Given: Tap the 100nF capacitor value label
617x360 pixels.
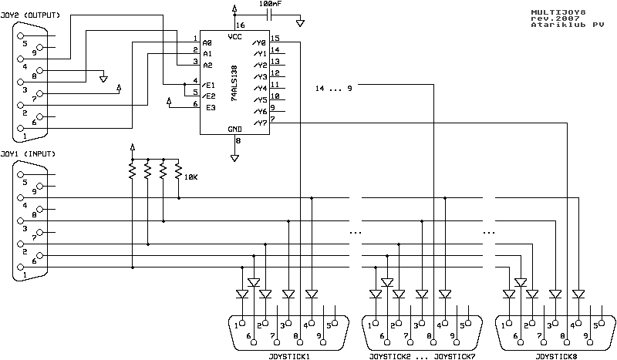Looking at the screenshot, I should click(271, 5).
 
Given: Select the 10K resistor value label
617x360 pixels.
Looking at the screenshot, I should click(190, 177).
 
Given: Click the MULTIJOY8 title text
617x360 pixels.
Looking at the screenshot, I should click(556, 13).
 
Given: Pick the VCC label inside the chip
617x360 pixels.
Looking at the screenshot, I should click(235, 37).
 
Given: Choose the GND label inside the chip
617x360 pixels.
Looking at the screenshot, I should click(235, 129).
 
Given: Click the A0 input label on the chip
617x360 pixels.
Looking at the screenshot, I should click(208, 42).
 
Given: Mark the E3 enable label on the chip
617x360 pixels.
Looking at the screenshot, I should click(208, 105).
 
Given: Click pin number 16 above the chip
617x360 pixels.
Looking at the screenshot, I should click(239, 25).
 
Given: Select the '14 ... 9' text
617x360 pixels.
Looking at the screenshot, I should click(334, 89).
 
